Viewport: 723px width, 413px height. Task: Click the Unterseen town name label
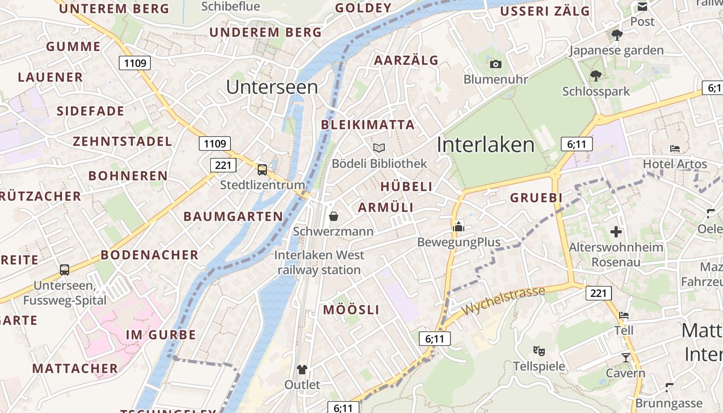point(272,87)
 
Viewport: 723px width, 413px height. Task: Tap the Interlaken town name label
point(485,145)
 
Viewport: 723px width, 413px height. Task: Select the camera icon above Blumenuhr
point(496,65)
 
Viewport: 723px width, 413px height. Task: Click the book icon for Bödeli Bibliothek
point(379,148)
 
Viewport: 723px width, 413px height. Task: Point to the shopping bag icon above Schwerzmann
point(334,216)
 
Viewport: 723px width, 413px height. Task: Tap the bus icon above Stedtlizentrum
point(262,169)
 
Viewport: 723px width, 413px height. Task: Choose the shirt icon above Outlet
point(302,370)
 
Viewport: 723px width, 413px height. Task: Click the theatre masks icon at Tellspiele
point(539,351)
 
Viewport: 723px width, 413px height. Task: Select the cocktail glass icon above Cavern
point(626,357)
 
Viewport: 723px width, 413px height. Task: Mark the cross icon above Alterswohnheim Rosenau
point(616,232)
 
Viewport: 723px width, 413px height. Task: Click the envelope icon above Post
point(642,7)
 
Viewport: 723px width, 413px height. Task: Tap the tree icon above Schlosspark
point(596,76)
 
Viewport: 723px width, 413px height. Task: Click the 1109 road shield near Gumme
point(135,63)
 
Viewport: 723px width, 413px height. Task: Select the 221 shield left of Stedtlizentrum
point(223,165)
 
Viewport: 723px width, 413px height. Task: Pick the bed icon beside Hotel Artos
point(675,149)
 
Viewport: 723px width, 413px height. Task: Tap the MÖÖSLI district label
point(351,310)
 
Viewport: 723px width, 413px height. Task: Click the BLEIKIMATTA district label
point(368,125)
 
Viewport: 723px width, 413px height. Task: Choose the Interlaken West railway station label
point(319,262)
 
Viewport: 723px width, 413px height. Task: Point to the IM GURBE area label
point(161,335)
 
